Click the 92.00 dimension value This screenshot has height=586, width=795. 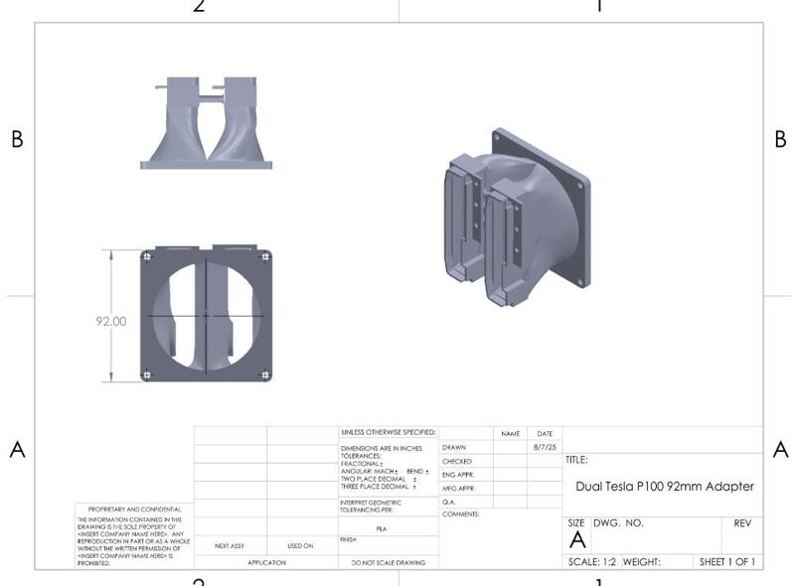tap(111, 321)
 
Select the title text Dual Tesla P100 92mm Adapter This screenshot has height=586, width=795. tap(665, 487)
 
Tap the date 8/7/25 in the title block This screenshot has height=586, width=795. tap(545, 448)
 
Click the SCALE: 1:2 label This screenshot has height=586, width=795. tap(591, 562)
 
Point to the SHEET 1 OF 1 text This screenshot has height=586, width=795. tap(726, 562)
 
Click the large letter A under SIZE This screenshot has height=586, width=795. tap(577, 541)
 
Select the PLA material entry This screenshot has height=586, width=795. tap(381, 529)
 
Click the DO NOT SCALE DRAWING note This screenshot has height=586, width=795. tap(388, 563)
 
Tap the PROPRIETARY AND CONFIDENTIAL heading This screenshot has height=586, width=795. tap(134, 509)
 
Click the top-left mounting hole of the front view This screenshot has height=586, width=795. tap(148, 256)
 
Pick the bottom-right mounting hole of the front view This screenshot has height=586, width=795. tap(265, 374)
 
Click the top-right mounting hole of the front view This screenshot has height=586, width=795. tap(265, 256)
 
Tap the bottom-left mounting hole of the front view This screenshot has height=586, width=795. tap(148, 374)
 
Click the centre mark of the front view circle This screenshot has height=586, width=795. tap(207, 316)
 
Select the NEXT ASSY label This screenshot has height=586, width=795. tap(230, 546)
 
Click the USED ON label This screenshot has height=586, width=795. tap(300, 546)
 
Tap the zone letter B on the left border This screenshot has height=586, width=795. tap(17, 140)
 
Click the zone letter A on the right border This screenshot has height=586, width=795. tap(780, 450)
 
